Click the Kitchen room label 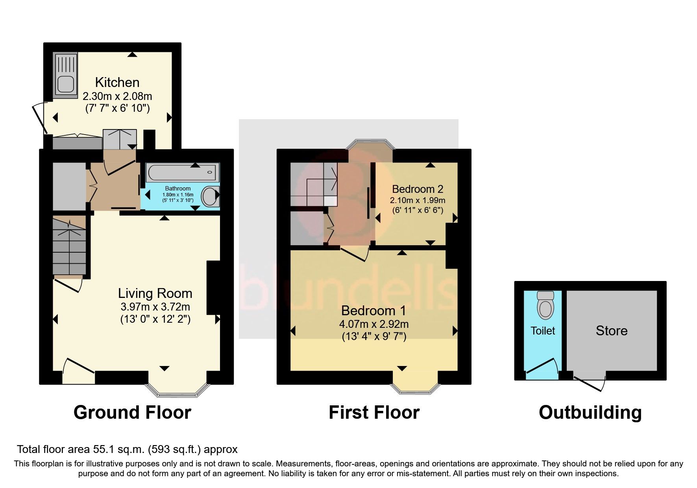pos(117,82)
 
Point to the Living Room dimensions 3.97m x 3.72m pos(155,307)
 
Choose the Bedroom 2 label pos(418,189)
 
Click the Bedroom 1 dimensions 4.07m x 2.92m pos(373,324)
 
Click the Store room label pos(611,331)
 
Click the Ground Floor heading pos(132,412)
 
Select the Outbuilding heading pos(590,412)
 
